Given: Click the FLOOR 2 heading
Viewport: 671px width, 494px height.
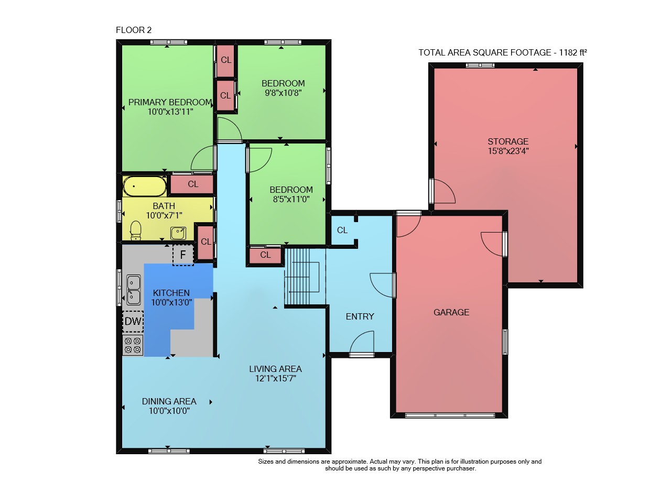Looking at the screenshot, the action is (x=134, y=30).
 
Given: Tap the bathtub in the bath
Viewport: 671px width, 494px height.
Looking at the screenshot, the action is (x=145, y=186).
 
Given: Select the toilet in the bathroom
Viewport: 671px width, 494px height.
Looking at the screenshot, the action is (x=136, y=230).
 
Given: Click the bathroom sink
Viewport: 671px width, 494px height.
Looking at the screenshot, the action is (x=178, y=233).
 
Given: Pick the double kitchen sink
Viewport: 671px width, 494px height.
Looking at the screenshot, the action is (x=133, y=290).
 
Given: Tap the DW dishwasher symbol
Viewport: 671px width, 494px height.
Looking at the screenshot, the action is (x=133, y=322).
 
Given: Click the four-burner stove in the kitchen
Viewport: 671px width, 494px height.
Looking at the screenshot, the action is (x=133, y=345).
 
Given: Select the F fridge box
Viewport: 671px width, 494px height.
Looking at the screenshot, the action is (x=183, y=255).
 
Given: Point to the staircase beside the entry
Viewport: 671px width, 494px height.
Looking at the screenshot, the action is (x=305, y=277).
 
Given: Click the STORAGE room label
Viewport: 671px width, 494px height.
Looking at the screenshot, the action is (x=508, y=141).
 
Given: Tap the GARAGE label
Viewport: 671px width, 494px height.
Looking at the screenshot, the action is (x=451, y=312).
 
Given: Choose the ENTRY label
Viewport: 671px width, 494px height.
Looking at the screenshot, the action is (x=360, y=316).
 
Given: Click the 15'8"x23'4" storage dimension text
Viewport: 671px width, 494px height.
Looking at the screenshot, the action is (x=508, y=151).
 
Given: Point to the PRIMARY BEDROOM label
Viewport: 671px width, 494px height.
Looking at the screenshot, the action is (x=170, y=102).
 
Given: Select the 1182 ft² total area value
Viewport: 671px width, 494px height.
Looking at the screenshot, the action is (x=573, y=52).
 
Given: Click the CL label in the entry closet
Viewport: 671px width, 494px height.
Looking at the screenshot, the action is (x=342, y=230).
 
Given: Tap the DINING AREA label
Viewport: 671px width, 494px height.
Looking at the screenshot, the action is (x=169, y=401).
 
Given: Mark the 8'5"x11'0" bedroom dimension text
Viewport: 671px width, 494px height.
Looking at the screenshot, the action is (x=291, y=199).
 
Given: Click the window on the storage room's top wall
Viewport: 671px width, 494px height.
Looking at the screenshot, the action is (x=480, y=65).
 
